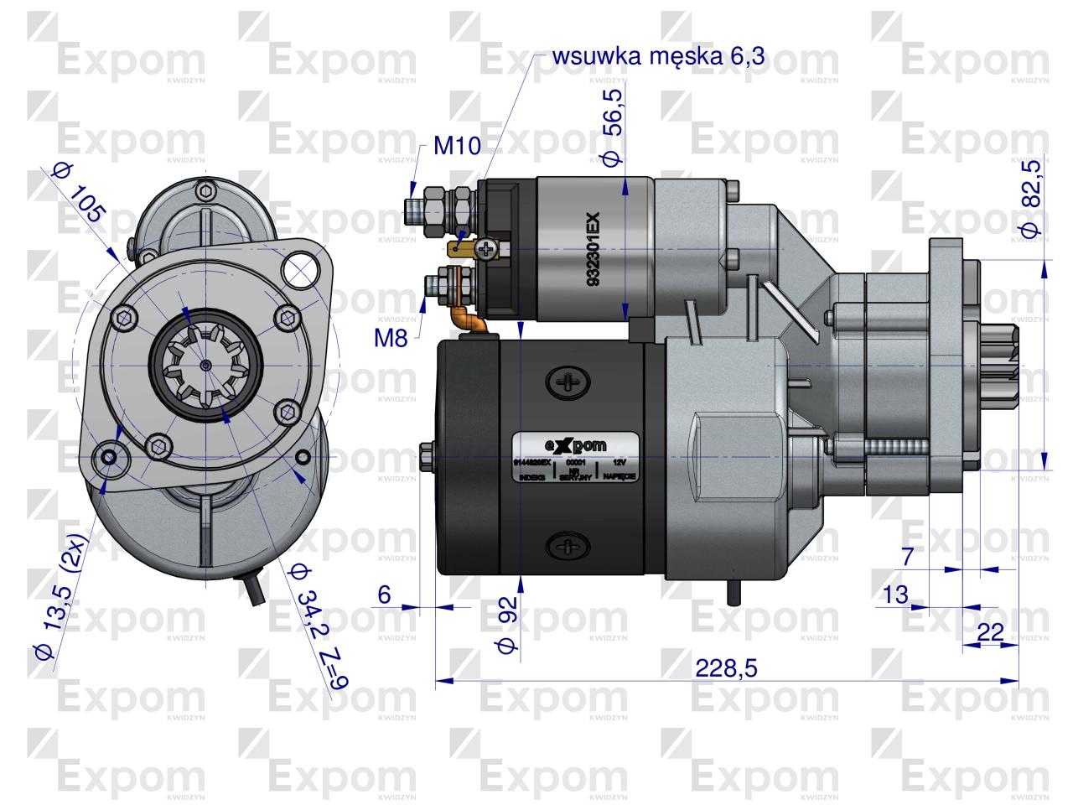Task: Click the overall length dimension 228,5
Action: tap(726, 668)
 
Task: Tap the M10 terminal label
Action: tap(457, 147)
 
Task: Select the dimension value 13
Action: tap(895, 595)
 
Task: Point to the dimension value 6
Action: tap(385, 594)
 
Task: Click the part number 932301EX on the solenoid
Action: tap(593, 251)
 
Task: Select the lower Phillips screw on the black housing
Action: tap(568, 548)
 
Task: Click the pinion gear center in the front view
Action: tap(206, 365)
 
